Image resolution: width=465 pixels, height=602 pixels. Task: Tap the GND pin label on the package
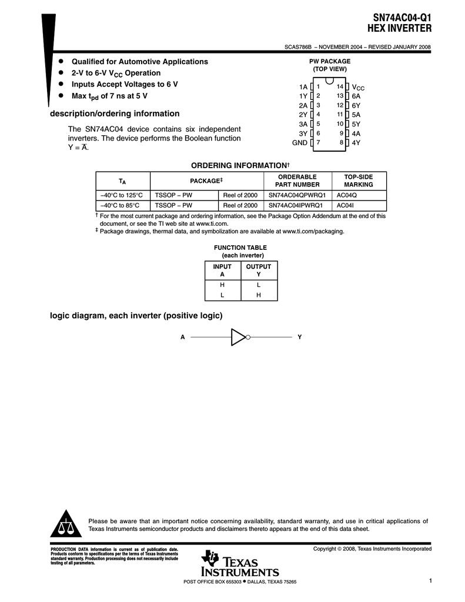pyautogui.click(x=300, y=143)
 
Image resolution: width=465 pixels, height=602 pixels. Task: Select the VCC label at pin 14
pyautogui.click(x=358, y=87)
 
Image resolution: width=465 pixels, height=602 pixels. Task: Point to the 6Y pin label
pyautogui.click(x=356, y=105)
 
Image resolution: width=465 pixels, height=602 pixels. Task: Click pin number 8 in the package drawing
pyautogui.click(x=341, y=143)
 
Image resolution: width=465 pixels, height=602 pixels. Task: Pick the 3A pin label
pyautogui.click(x=303, y=124)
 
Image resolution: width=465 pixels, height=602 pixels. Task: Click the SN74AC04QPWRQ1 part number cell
pyautogui.click(x=297, y=195)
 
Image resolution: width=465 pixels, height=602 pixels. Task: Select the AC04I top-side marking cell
pyautogui.click(x=345, y=205)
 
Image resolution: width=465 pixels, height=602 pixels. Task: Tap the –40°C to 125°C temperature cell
pyautogui.click(x=123, y=195)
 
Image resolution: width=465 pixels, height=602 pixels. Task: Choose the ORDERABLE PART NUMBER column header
pyautogui.click(x=298, y=180)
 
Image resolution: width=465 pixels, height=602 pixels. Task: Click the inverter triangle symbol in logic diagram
pyautogui.click(x=238, y=337)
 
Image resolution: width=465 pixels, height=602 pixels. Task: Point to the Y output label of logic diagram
pyautogui.click(x=299, y=337)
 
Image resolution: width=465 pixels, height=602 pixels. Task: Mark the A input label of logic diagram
pyautogui.click(x=183, y=337)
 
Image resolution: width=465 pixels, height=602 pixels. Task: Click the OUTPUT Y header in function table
pyautogui.click(x=258, y=270)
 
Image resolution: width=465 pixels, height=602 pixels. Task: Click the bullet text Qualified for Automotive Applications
pyautogui.click(x=139, y=62)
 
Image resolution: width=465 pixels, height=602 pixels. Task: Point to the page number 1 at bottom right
pyautogui.click(x=430, y=581)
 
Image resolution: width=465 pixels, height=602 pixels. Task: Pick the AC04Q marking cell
pyautogui.click(x=347, y=195)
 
